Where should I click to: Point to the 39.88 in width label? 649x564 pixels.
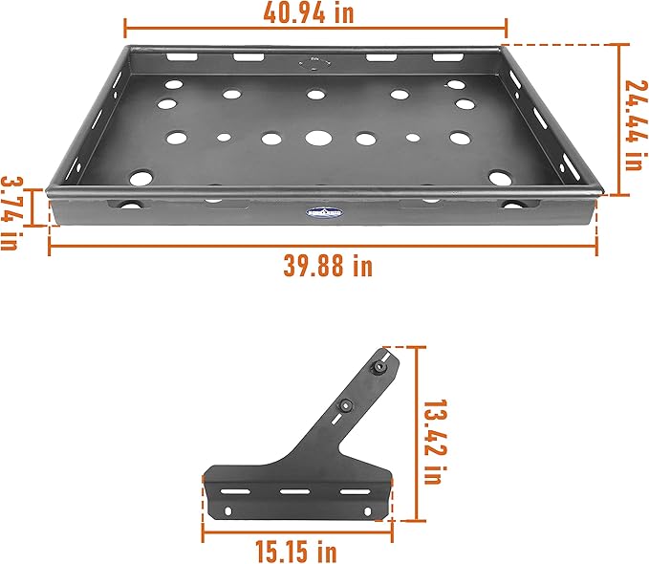click(328, 266)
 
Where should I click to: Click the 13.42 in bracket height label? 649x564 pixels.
click(434, 433)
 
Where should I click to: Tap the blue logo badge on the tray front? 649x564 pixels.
click(323, 215)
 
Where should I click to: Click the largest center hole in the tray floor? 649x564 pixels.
click(316, 138)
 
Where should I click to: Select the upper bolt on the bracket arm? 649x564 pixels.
click(379, 368)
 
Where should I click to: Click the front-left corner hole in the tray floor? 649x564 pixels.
click(141, 178)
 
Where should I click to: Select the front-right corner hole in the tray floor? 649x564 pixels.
click(498, 178)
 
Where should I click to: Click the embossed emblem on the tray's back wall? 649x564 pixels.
click(315, 65)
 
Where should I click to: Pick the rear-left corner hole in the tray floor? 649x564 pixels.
click(173, 84)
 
